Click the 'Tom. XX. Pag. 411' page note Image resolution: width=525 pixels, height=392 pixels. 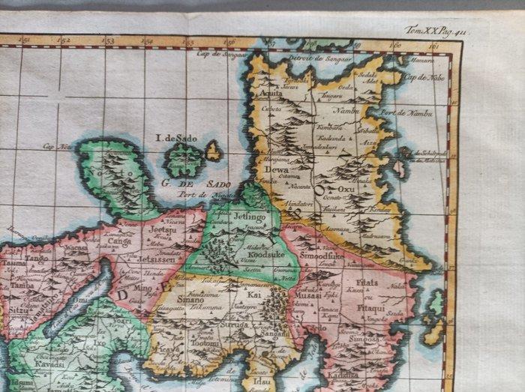click(435, 30)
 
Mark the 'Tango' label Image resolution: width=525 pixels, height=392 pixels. click(36, 258)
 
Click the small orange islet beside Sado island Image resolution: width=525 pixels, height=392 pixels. click(214, 151)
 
